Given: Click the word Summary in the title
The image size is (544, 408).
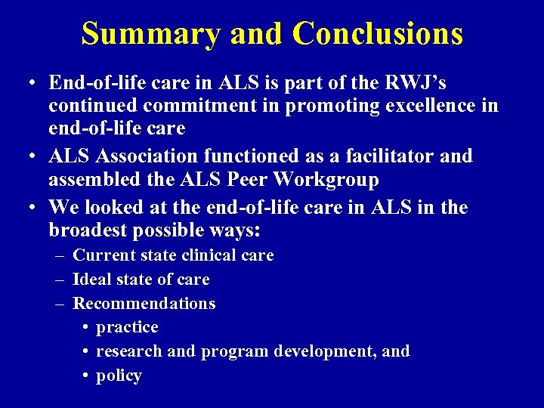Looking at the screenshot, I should click(x=150, y=34).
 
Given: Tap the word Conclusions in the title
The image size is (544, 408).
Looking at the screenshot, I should click(x=377, y=34).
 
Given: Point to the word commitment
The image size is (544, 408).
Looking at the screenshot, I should click(x=181, y=105).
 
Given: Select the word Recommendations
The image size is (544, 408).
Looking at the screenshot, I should click(x=144, y=304).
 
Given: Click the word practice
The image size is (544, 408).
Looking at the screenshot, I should click(x=127, y=328).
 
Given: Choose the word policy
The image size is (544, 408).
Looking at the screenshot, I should click(x=119, y=376).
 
